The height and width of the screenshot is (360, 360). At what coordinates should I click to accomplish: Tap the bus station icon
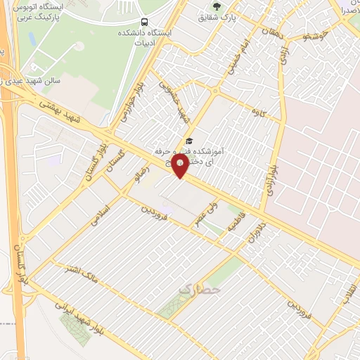pos(144,22)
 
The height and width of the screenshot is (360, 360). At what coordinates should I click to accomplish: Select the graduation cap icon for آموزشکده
pos(188,141)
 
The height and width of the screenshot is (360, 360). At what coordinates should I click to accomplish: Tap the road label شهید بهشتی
pos(63,112)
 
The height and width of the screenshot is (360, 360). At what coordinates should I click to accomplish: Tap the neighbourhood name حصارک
pos(200,289)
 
